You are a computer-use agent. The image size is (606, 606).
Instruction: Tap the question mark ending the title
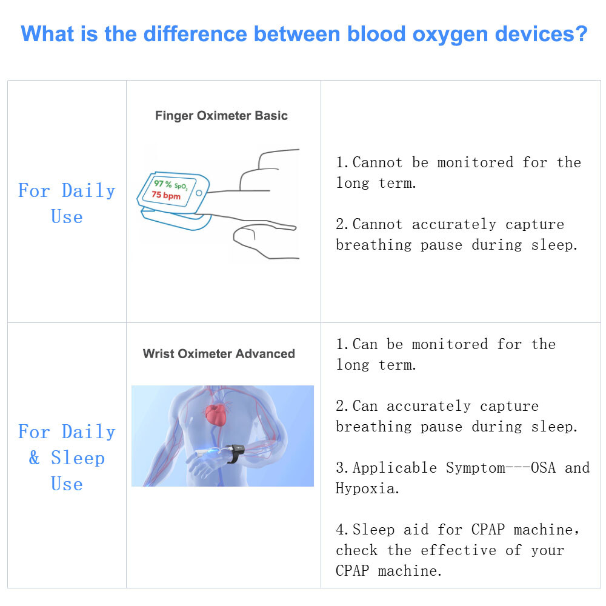point(581,33)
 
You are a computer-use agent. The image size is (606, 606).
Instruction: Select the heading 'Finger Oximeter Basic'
point(221,116)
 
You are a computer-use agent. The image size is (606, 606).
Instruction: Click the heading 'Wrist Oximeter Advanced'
point(219,354)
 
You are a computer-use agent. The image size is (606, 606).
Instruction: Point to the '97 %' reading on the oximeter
point(162,183)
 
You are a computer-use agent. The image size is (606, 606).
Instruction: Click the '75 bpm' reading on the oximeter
point(166,195)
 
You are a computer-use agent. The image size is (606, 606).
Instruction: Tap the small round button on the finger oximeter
point(199,193)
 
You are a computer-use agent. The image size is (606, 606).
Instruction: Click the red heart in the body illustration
point(217,415)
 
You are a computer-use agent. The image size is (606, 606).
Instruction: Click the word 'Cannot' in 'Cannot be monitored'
point(377,162)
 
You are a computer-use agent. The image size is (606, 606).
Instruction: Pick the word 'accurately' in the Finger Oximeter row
point(454,224)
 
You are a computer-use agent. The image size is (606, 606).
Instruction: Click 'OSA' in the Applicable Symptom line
point(543,468)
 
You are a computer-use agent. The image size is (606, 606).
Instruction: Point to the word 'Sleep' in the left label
point(78,458)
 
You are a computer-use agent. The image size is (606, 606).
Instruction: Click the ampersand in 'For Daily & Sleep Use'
point(35,458)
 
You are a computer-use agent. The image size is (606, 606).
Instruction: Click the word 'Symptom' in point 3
point(475,468)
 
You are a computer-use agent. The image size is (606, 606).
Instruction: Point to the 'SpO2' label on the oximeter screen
point(181,186)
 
